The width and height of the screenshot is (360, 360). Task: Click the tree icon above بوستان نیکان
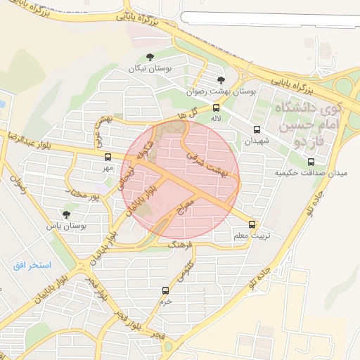(x=148, y=58)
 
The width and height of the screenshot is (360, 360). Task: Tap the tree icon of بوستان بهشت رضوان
(x=221, y=81)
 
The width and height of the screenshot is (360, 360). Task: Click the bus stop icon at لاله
(x=216, y=108)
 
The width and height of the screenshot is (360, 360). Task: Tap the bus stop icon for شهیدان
(x=257, y=129)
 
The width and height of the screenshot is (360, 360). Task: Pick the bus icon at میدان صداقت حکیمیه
(x=291, y=162)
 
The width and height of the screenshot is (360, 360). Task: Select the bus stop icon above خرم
(x=166, y=290)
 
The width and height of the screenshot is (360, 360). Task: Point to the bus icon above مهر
(x=108, y=157)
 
